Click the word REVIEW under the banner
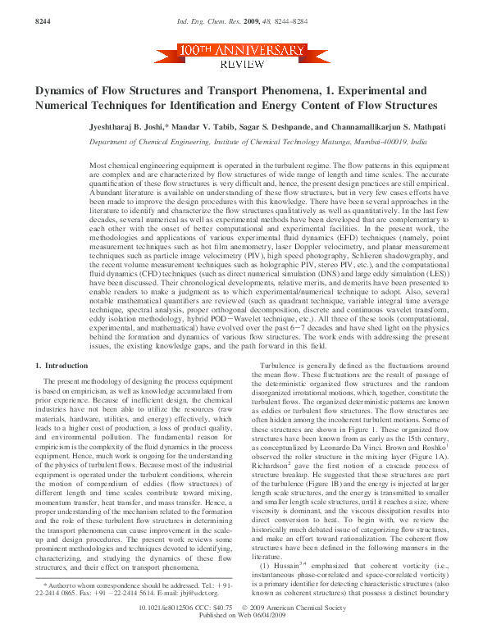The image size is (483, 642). pos(241,63)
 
